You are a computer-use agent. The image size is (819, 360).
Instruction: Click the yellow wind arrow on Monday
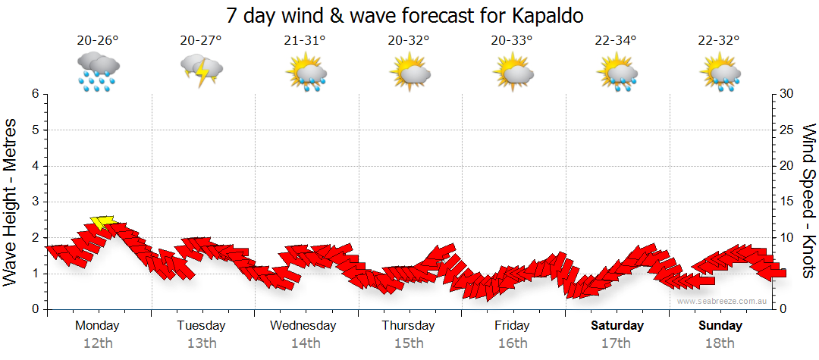pyautogui.click(x=102, y=222)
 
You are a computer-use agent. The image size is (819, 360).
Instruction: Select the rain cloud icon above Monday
pyautogui.click(x=98, y=71)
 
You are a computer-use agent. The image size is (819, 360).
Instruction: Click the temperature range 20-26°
pyautogui.click(x=98, y=40)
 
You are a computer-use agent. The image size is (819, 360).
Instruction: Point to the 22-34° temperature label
pyautogui.click(x=615, y=40)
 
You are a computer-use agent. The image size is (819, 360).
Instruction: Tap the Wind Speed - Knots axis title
pyautogui.click(x=808, y=202)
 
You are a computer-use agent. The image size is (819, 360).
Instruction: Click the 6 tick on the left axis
pyautogui.click(x=35, y=94)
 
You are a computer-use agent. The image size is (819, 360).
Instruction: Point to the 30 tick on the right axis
pyautogui.click(x=788, y=94)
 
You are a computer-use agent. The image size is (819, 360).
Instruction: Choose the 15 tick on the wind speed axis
pyautogui.click(x=787, y=202)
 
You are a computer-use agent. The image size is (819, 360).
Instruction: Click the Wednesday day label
pyautogui.click(x=303, y=326)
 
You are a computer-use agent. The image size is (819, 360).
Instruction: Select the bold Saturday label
pyautogui.click(x=617, y=326)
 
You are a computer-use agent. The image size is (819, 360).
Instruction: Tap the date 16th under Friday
pyautogui.click(x=513, y=343)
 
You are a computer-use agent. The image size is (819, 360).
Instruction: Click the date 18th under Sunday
pyautogui.click(x=720, y=343)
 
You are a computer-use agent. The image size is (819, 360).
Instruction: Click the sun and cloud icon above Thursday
pyautogui.click(x=409, y=72)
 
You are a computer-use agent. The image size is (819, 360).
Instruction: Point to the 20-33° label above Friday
pyautogui.click(x=512, y=40)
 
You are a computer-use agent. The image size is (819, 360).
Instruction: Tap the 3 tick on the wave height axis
pyautogui.click(x=35, y=202)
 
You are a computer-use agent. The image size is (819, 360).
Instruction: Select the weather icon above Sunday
pyautogui.click(x=720, y=72)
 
